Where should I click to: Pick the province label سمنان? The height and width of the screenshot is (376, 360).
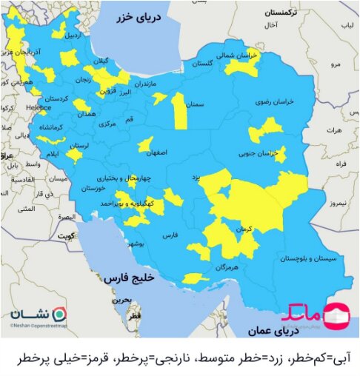click(196, 106)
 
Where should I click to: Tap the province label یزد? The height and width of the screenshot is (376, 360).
click(196, 178)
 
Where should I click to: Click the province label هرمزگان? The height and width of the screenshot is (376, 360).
click(225, 266)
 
